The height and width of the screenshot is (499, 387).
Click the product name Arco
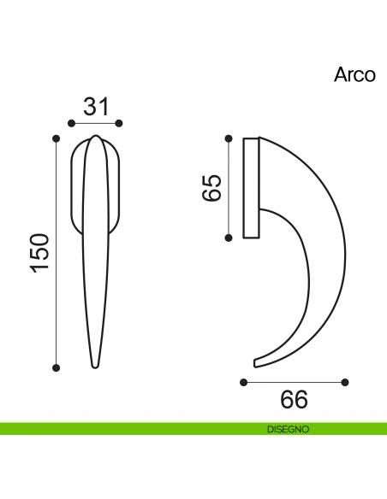[354, 74]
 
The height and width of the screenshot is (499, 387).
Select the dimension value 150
[40, 254]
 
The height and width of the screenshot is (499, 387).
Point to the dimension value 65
[211, 187]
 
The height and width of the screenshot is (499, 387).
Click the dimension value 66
[294, 399]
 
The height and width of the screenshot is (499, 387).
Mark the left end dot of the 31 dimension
[71, 124]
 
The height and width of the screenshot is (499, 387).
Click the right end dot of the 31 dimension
[120, 124]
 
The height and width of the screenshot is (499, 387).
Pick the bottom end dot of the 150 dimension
[57, 367]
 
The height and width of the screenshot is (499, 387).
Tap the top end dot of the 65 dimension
[229, 138]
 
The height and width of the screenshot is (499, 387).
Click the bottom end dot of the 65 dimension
[229, 237]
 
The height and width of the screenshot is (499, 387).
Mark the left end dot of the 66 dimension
[243, 381]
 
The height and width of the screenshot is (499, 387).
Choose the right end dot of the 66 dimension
[345, 381]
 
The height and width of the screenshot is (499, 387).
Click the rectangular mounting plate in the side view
[251, 187]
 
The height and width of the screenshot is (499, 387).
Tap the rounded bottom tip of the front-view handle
[96, 366]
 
